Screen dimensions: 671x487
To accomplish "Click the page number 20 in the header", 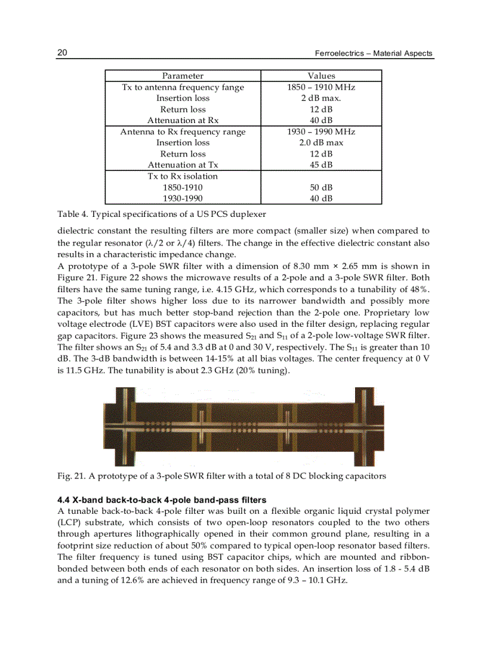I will [62, 53].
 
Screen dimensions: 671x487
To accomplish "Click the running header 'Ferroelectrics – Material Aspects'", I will [374, 54].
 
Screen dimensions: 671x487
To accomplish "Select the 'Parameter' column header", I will [183, 76].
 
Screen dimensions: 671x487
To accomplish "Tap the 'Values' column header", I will [321, 76].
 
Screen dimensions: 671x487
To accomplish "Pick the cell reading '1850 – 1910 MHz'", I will [321, 87].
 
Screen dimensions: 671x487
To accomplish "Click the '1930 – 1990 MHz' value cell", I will [321, 131].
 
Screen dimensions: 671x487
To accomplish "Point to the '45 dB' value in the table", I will [321, 165].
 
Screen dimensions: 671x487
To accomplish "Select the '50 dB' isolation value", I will [321, 188].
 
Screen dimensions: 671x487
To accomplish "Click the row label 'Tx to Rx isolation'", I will [183, 176].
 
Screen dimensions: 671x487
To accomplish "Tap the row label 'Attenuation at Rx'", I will [183, 121].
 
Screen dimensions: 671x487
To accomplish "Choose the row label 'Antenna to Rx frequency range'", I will [183, 131].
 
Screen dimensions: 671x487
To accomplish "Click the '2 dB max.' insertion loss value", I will [321, 98].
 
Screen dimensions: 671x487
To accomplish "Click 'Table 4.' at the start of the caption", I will [72, 214].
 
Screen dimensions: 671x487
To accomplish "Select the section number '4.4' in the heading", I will [64, 500].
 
